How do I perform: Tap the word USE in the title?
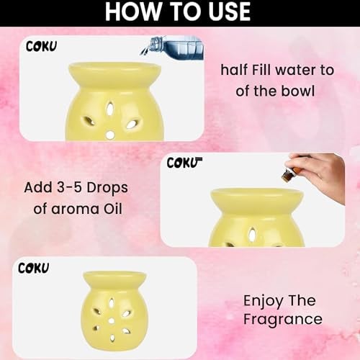(x=230, y=12)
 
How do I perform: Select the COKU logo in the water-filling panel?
(x=41, y=46)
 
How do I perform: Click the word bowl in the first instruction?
(x=297, y=91)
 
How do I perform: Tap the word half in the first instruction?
(x=234, y=70)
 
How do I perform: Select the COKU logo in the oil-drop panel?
(x=184, y=163)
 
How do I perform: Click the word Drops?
(x=107, y=188)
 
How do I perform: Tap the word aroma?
(x=75, y=209)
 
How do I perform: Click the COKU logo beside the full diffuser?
(x=33, y=268)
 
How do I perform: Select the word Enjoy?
(x=263, y=302)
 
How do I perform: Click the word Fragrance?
(x=283, y=320)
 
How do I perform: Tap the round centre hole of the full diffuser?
(x=111, y=320)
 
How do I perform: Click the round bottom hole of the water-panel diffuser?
(x=110, y=135)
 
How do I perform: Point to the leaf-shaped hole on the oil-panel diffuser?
(x=252, y=234)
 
